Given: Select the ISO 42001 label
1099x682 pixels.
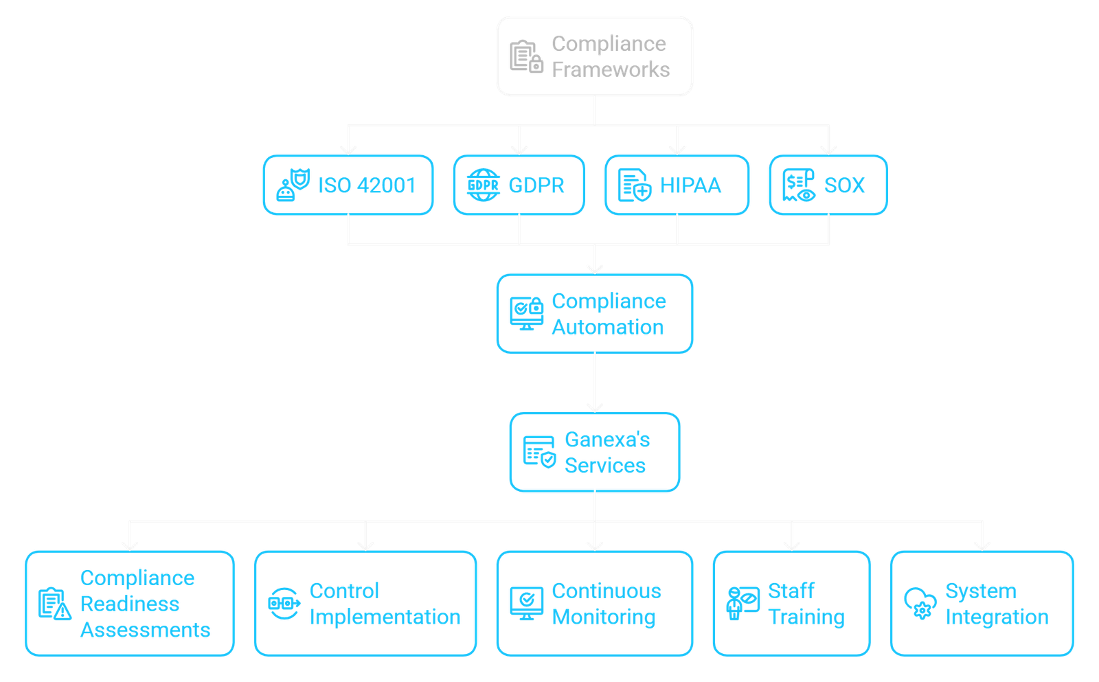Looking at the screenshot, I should (x=367, y=185).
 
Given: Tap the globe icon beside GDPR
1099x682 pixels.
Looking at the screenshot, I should (x=483, y=185).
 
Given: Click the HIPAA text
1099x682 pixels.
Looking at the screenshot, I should (x=690, y=185).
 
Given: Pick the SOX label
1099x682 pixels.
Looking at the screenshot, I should (x=844, y=185).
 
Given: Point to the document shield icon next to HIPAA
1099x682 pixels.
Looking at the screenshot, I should (x=634, y=185).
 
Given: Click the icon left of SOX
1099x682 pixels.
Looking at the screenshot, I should (x=799, y=185).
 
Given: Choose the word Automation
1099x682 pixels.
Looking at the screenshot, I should (x=608, y=328).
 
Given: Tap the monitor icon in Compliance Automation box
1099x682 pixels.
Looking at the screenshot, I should (x=526, y=314).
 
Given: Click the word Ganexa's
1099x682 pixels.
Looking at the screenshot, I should (x=607, y=440).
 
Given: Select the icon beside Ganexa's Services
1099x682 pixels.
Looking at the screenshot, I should (x=539, y=452).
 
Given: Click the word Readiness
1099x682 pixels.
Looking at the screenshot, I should (x=130, y=604).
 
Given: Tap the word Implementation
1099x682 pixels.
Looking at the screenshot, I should (x=385, y=617).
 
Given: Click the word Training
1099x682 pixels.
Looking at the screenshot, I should (x=807, y=617).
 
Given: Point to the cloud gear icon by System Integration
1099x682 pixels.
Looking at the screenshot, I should (x=920, y=604).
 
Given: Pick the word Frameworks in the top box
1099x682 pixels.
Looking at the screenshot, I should (x=611, y=69).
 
